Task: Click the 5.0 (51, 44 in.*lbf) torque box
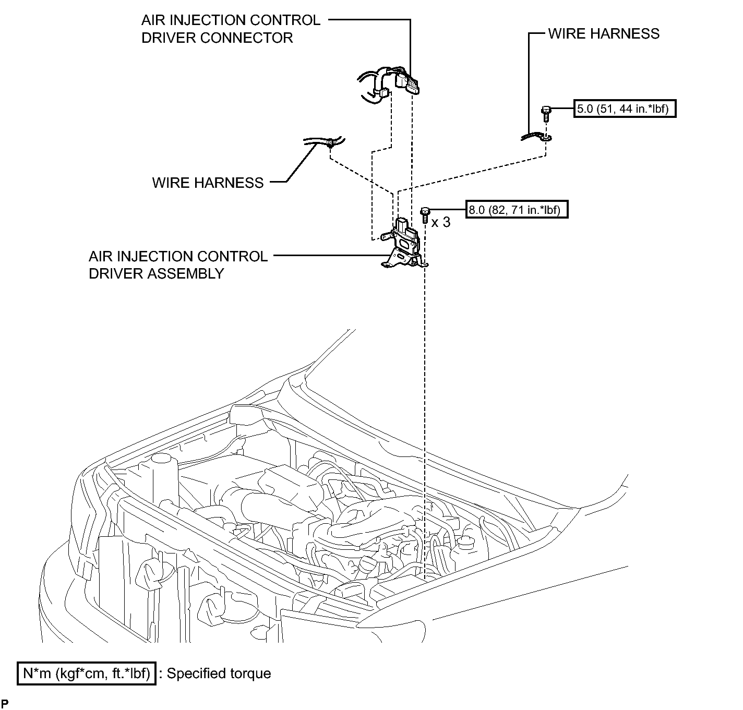pos(625,109)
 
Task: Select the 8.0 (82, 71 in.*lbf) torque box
pos(517,210)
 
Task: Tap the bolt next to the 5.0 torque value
pos(546,113)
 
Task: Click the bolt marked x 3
pos(425,215)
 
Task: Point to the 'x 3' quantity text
pos(440,222)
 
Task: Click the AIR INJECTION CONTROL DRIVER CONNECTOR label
pos(231,29)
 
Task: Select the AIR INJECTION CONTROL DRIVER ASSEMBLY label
pos(178,265)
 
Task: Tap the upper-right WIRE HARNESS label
pos(604,33)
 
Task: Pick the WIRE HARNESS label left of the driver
pos(208,183)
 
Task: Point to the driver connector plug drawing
pos(408,82)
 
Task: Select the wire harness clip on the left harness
pos(331,143)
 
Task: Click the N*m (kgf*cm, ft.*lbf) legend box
pos(86,673)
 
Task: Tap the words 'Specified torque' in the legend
pos(219,673)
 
